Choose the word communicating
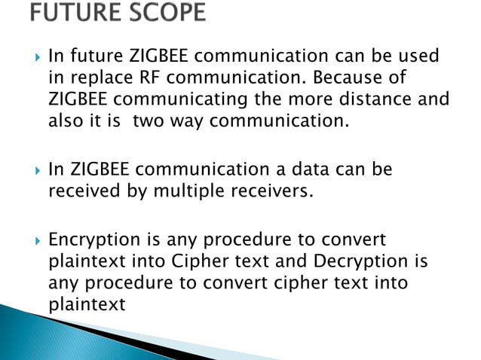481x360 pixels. [x=180, y=99]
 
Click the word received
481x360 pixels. [x=83, y=191]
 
